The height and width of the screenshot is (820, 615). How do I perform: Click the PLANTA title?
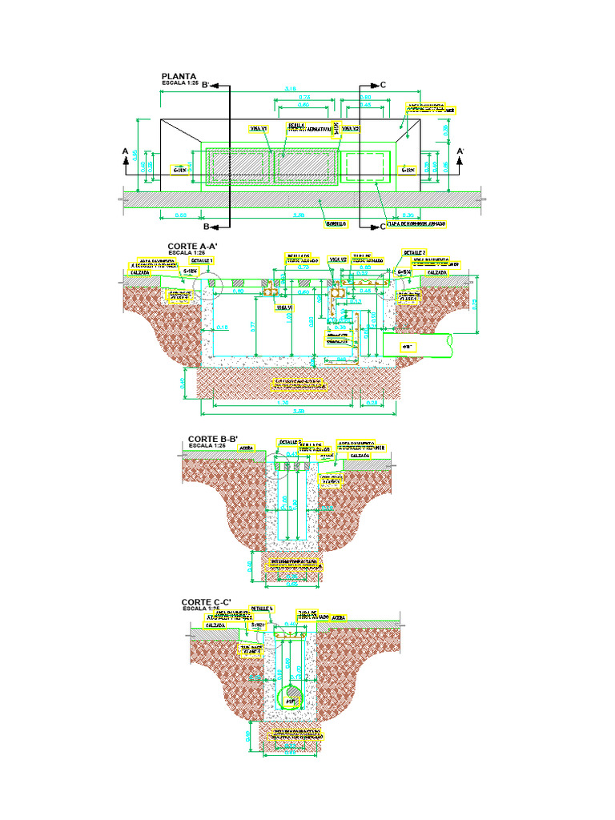[179, 78]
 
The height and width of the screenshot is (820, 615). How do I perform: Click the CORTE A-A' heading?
[192, 247]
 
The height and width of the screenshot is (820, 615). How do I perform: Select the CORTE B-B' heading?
[208, 439]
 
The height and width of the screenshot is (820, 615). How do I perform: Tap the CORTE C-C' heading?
[206, 602]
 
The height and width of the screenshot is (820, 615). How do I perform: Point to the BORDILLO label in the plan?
[335, 224]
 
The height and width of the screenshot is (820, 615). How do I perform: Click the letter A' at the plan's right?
[460, 151]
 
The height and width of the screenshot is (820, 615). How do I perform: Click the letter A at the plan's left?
[125, 151]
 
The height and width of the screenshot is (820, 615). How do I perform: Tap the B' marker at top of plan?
[206, 84]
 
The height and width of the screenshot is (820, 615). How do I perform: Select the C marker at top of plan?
[383, 84]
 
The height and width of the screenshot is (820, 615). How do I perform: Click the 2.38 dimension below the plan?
[299, 215]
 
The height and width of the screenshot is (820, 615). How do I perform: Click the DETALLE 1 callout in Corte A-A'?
[202, 261]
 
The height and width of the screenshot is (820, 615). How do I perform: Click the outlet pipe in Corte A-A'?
[416, 345]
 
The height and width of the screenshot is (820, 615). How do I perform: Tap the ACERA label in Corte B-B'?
[247, 448]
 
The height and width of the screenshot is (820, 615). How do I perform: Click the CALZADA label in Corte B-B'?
[360, 455]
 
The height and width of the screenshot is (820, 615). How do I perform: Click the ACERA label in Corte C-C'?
[338, 617]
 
